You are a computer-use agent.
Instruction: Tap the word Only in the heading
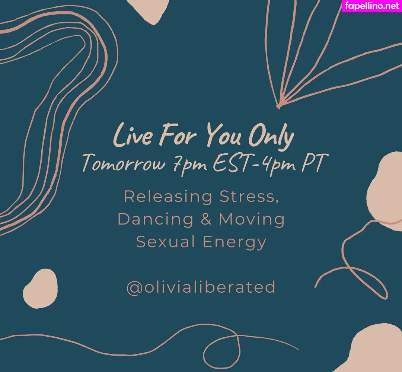pyautogui.click(x=271, y=137)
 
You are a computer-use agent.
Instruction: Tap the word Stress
pyautogui.click(x=249, y=196)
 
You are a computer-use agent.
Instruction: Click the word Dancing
pyautogui.click(x=156, y=219)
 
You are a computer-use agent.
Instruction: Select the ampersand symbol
pyautogui.click(x=206, y=219)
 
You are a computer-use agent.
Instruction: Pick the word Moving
pyautogui.click(x=252, y=219)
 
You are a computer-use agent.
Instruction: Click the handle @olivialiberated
pyautogui.click(x=201, y=287)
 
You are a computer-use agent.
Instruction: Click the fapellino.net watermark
pyautogui.click(x=371, y=6)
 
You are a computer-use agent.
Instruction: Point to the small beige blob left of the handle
pyautogui.click(x=40, y=288)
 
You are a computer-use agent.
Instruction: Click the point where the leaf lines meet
pyautogui.click(x=278, y=106)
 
